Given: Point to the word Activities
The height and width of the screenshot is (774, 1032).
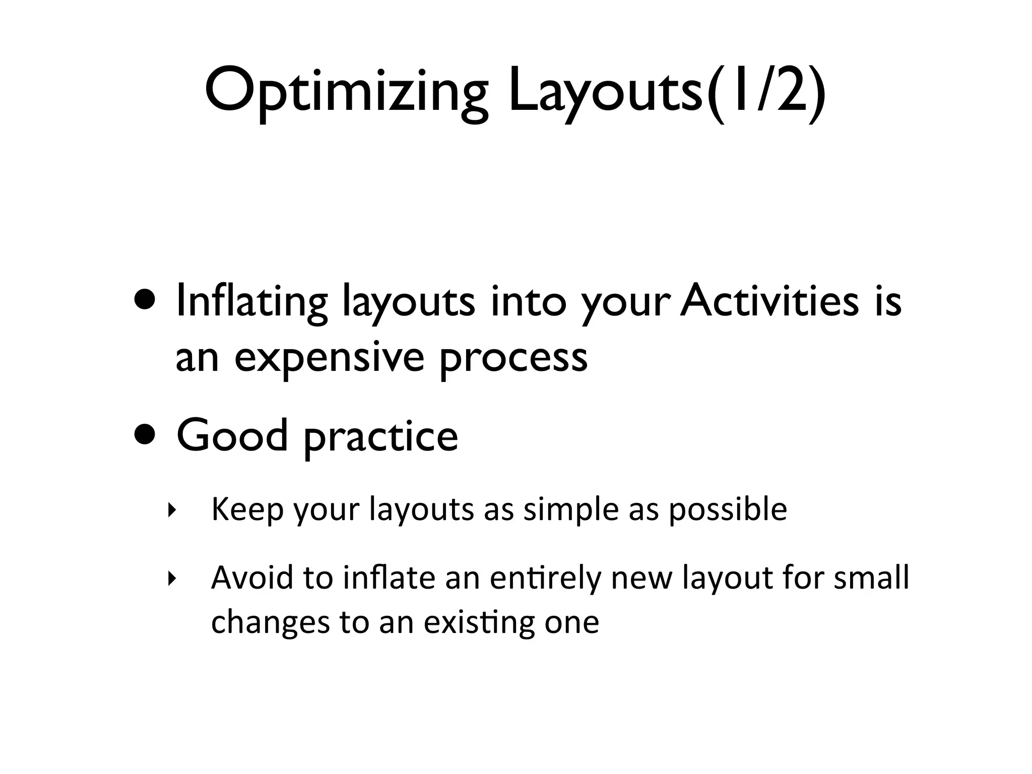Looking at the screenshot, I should tap(769, 301).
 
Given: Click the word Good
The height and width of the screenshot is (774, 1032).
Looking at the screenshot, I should tap(232, 436).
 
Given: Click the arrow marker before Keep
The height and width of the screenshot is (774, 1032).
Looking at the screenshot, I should tap(172, 510).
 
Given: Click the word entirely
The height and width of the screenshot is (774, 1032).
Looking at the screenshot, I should tap(545, 578).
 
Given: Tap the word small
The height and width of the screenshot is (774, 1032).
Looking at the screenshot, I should tap(871, 578).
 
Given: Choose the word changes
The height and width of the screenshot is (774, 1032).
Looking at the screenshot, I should tap(270, 622).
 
